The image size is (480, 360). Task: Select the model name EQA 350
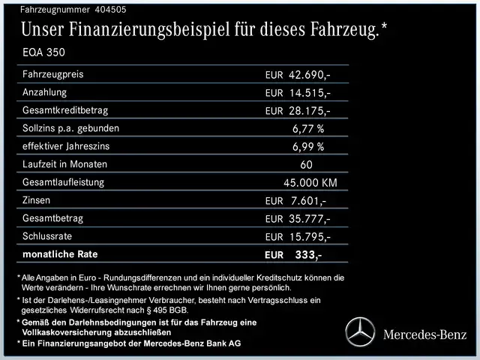pyautogui.click(x=43, y=54)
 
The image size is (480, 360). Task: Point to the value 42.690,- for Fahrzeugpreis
pyautogui.click(x=310, y=76)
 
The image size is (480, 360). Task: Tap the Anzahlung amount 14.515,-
pyautogui.click(x=310, y=93)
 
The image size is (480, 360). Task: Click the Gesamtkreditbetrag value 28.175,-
pyautogui.click(x=310, y=111)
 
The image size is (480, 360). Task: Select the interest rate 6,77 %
pyautogui.click(x=308, y=128)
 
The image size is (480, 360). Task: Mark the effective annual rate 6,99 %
pyautogui.click(x=308, y=146)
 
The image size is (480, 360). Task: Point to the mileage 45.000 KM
pyautogui.click(x=310, y=183)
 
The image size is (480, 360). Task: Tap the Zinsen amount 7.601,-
pyautogui.click(x=307, y=201)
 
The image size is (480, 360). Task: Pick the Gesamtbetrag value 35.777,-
pyautogui.click(x=310, y=219)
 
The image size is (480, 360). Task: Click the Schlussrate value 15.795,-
pyautogui.click(x=310, y=237)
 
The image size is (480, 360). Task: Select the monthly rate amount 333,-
pyautogui.click(x=308, y=255)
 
